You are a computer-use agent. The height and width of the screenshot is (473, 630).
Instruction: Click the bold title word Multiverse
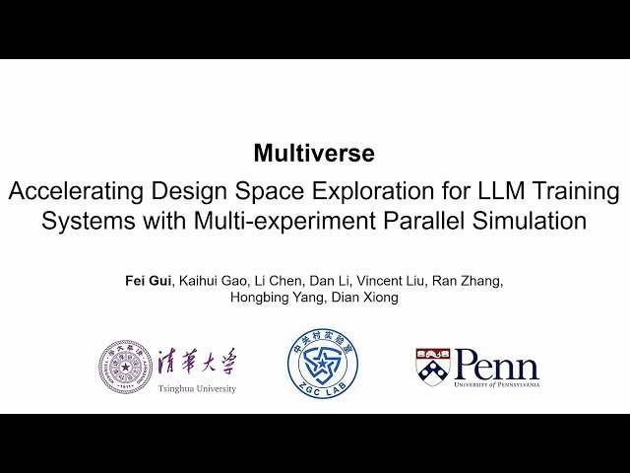click(314, 153)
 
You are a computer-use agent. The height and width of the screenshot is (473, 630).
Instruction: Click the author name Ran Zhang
click(472, 281)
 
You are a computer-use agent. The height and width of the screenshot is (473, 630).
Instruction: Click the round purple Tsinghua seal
click(125, 367)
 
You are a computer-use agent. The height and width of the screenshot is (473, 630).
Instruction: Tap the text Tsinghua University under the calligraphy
click(197, 389)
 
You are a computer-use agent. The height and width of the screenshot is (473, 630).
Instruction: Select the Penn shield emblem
click(431, 366)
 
